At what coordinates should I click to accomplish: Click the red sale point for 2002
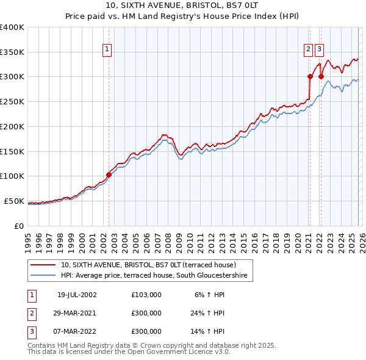click(109, 175)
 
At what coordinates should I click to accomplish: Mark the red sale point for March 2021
click(310, 77)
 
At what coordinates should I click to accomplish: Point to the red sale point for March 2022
click(320, 77)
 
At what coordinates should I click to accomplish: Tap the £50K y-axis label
click(13, 201)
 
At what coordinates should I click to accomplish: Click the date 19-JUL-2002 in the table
click(77, 295)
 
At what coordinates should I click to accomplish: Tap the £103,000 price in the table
click(146, 295)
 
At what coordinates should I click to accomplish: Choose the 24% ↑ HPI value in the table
click(207, 313)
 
